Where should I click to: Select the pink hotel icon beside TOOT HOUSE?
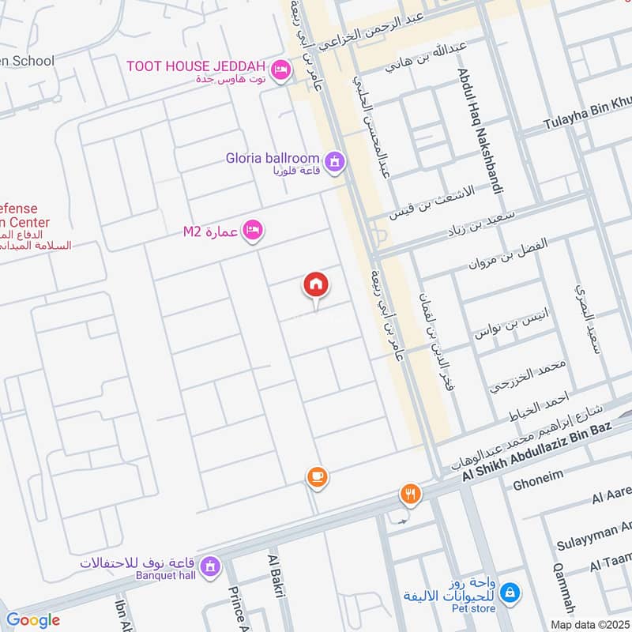(x=280, y=71)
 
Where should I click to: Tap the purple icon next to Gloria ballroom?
(x=335, y=162)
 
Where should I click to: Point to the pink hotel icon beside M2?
(x=253, y=231)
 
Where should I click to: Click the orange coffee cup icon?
(x=317, y=477)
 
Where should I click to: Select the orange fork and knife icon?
(x=410, y=495)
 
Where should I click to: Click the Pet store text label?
(x=475, y=608)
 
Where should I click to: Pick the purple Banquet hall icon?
(x=211, y=566)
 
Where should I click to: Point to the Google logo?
(x=32, y=620)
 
